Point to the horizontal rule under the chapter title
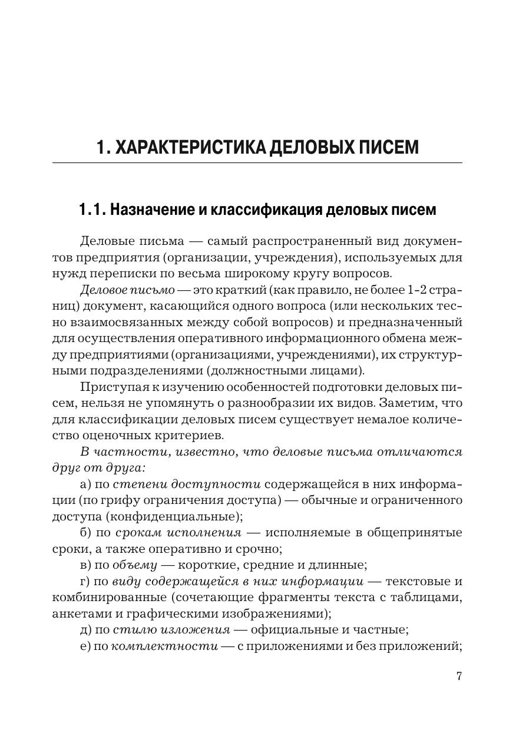[x=257, y=162]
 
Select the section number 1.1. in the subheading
[x=92, y=210]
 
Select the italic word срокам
[x=135, y=533]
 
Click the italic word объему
[x=135, y=565]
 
